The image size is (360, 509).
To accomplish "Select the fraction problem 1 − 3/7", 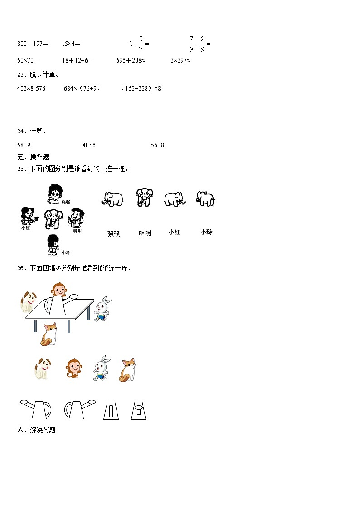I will click(139, 44).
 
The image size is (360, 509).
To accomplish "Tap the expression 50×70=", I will click(28, 60).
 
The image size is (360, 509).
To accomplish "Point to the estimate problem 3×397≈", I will click(180, 60).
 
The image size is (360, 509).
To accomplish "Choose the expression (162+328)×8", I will click(141, 88).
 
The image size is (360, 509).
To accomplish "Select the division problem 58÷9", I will click(24, 145).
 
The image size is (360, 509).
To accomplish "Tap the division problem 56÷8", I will click(157, 145).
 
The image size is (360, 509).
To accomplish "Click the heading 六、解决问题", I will click(36, 430).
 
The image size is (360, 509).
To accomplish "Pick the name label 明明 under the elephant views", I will click(145, 233).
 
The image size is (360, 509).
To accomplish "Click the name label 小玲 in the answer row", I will click(206, 232).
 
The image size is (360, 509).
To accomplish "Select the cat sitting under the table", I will click(49, 334).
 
